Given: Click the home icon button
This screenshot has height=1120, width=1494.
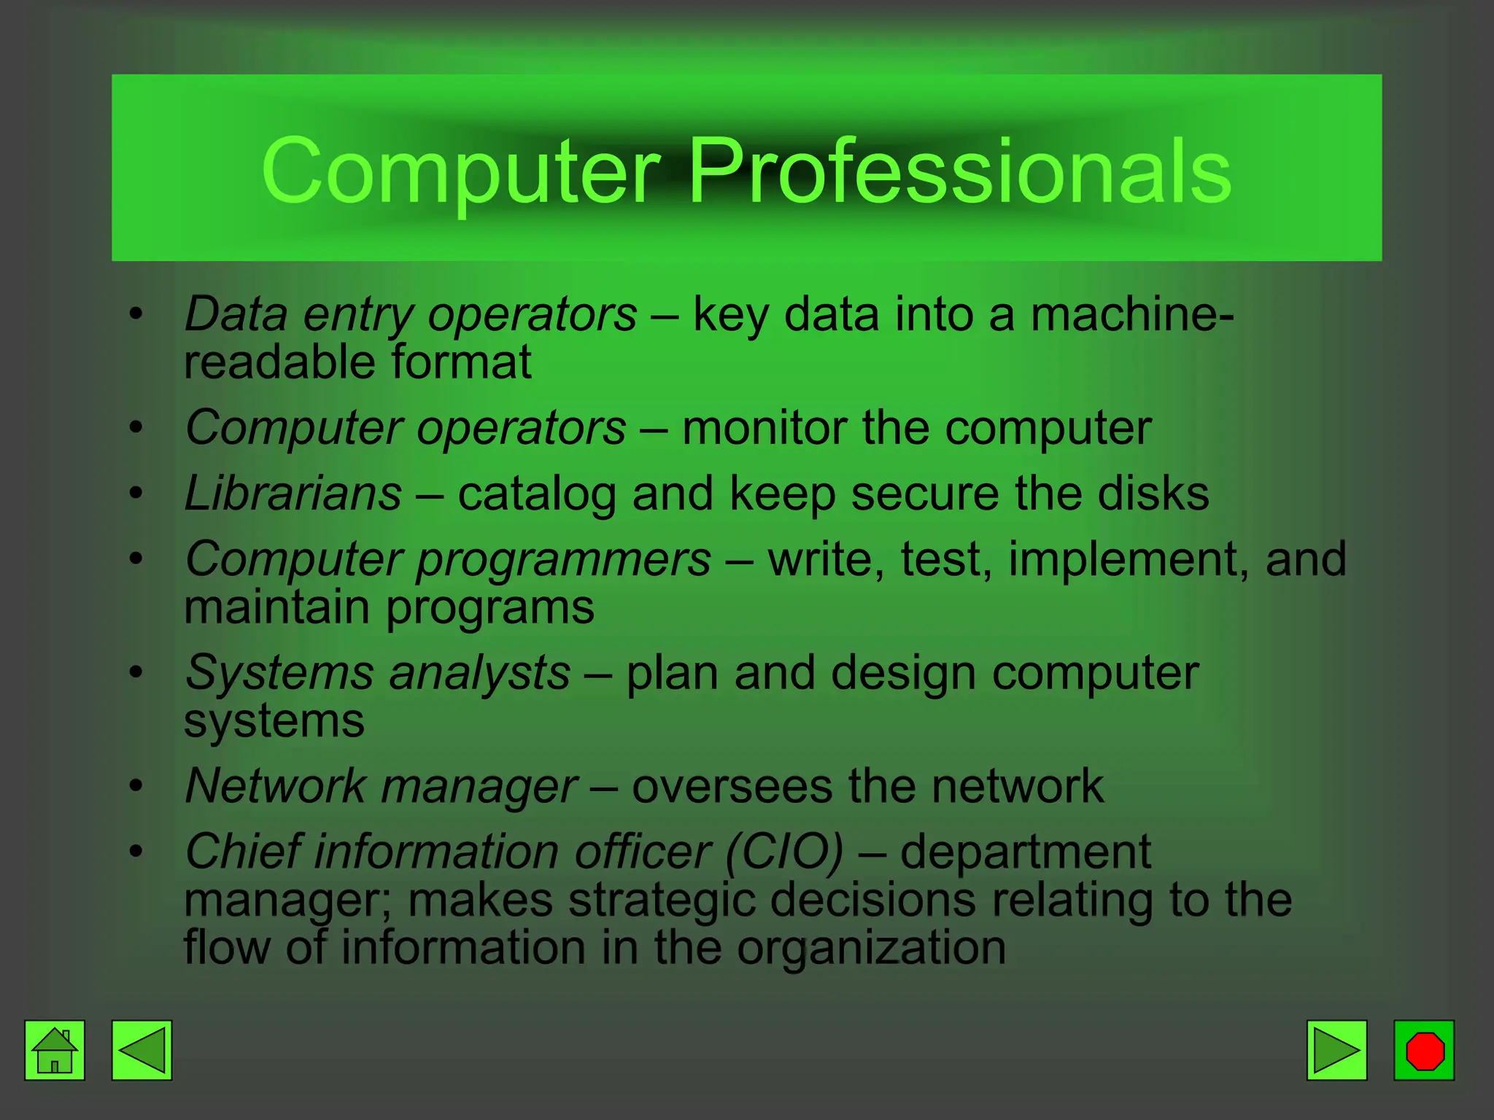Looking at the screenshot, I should tap(55, 1050).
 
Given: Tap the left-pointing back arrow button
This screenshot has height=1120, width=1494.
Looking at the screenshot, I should tap(142, 1050).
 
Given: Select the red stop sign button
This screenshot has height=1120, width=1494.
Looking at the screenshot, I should tap(1424, 1050).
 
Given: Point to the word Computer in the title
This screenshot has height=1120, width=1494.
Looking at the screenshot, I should tap(460, 172).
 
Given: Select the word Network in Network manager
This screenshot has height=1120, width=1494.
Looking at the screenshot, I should tap(276, 786).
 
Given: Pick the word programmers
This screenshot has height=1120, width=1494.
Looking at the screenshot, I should tap(563, 560).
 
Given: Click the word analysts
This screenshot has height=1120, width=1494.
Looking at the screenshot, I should tap(479, 672).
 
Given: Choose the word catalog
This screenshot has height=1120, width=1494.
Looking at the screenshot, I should tap(537, 494).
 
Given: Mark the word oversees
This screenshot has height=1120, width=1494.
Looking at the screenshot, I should tap(732, 786).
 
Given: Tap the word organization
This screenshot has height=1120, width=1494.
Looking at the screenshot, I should tap(871, 947).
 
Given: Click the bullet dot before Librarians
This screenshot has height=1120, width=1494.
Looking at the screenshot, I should tap(136, 494).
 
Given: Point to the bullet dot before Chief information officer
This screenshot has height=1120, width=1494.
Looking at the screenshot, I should tap(136, 851).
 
